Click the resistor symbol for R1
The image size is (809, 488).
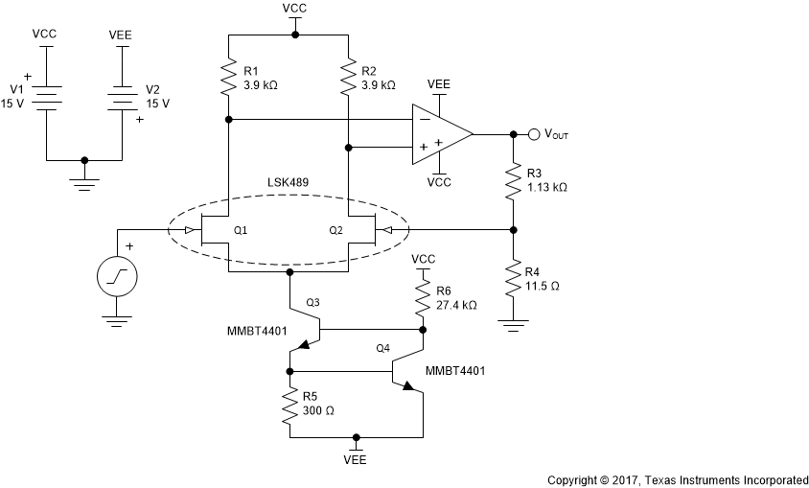pos(228,78)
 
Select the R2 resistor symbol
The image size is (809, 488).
pos(348,78)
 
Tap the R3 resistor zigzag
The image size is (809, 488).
pos(514,181)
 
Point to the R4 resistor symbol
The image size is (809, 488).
pos(514,279)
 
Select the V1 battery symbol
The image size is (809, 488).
pos(46,97)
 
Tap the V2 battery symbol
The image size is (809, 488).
pos(123,97)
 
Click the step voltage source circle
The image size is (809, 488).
pos(117,277)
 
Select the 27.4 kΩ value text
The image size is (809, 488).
pos(456,305)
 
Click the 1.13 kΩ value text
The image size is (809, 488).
pos(547,188)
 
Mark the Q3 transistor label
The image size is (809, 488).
pos(312,303)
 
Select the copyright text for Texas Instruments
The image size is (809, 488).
pos(677,478)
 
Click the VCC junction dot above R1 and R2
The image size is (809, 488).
pos(295,35)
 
